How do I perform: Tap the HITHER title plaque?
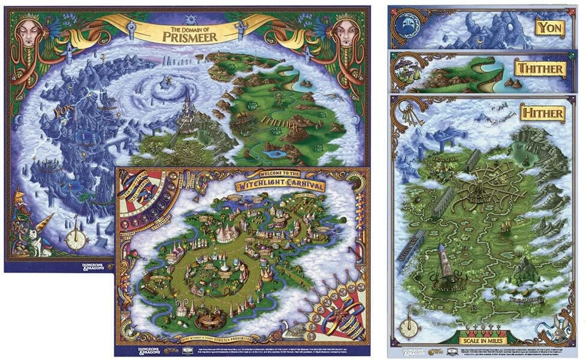pyautogui.click(x=542, y=113)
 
